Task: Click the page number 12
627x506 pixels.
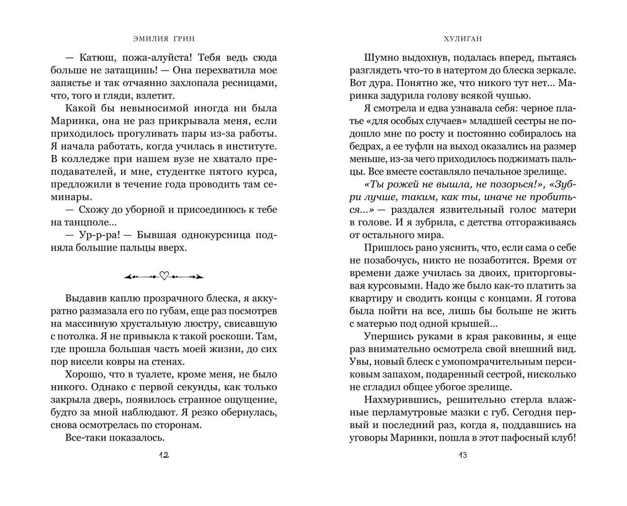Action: pyautogui.click(x=164, y=455)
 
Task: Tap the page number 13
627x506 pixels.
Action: pyautogui.click(x=463, y=455)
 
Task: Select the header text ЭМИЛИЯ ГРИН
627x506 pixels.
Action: pyautogui.click(x=164, y=39)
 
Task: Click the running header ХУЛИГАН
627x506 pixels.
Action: pyautogui.click(x=463, y=39)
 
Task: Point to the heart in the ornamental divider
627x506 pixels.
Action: pyautogui.click(x=164, y=276)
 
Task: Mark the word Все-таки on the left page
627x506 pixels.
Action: pyautogui.click(x=85, y=438)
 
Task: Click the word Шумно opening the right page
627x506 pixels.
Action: pyautogui.click(x=380, y=58)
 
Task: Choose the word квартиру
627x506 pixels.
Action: pyautogui.click(x=370, y=299)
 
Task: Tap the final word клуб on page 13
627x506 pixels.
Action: pyautogui.click(x=564, y=438)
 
